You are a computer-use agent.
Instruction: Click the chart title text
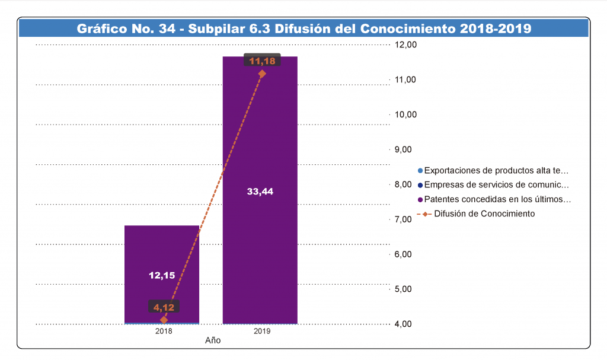303,28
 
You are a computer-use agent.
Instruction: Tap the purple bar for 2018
161,249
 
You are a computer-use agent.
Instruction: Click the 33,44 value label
260,191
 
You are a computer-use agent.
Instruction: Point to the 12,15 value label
161,275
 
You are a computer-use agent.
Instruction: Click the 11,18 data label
261,60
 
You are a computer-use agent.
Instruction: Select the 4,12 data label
164,307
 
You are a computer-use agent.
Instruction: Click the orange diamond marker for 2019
261,74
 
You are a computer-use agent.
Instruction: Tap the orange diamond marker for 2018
164,320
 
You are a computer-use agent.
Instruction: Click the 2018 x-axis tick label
164,332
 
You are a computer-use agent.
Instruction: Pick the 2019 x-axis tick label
261,332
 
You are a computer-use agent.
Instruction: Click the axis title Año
213,341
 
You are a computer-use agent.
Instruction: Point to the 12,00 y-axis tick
406,45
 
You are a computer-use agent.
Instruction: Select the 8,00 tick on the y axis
406,184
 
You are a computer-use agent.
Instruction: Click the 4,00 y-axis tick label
406,324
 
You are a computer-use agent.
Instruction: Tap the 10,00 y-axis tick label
406,114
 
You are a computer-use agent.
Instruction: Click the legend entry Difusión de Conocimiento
484,214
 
